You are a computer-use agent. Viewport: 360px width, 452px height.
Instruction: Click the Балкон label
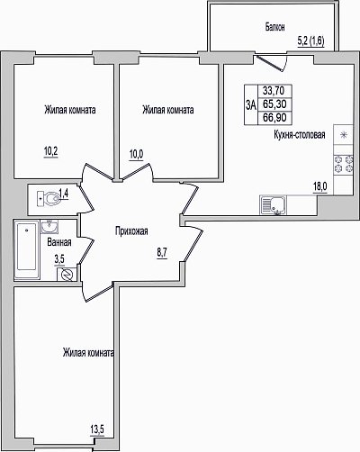[x=274, y=27]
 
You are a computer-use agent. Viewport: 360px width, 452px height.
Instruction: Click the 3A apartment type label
[x=251, y=104]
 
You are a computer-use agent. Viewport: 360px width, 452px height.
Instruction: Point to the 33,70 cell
[x=274, y=90]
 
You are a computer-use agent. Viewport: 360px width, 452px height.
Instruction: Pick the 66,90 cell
[x=274, y=117]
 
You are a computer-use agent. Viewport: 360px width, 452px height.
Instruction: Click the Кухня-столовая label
[x=300, y=134]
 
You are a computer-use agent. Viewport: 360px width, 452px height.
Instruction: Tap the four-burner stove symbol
[x=344, y=164]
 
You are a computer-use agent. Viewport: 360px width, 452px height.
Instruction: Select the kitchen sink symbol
[x=273, y=205]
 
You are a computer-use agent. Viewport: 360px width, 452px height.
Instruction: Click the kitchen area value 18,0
[x=320, y=187]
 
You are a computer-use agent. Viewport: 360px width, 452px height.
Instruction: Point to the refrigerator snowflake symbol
[x=344, y=135]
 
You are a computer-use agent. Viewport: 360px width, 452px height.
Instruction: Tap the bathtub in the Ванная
[x=27, y=249]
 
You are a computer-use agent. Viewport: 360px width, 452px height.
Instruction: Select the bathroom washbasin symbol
[x=50, y=227]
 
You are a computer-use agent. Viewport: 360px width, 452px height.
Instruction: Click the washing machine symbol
[x=67, y=275]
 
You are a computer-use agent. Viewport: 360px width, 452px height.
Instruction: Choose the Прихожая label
[x=131, y=231]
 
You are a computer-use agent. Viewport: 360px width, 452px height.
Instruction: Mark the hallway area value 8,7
[x=162, y=253]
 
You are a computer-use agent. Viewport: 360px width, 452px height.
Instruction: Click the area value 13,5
[x=97, y=430]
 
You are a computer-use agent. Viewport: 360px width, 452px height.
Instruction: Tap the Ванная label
[x=59, y=242]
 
